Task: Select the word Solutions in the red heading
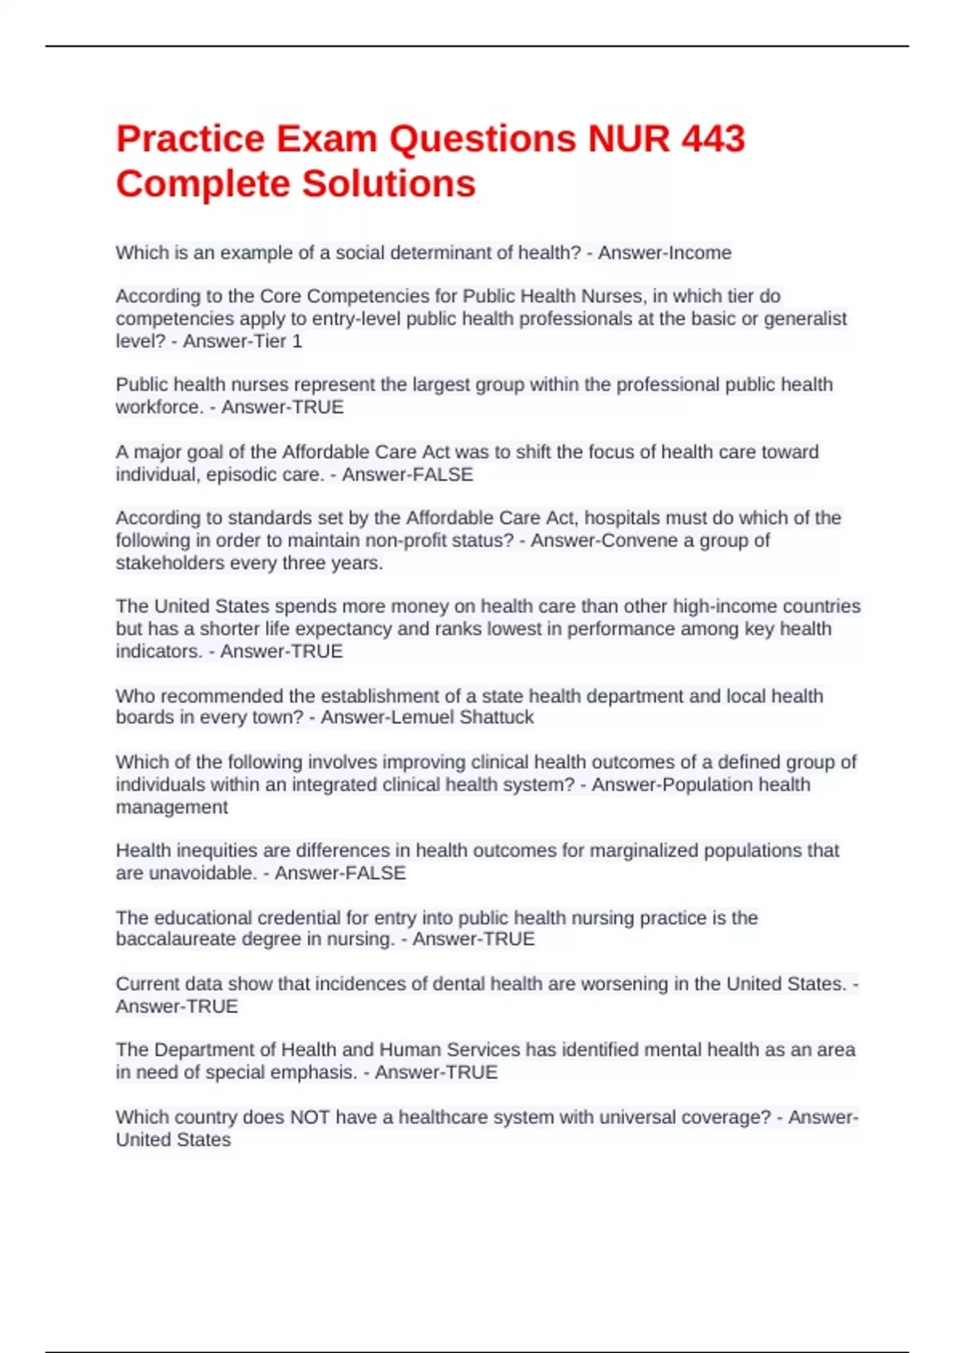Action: tap(389, 184)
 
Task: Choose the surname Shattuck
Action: tap(497, 717)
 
